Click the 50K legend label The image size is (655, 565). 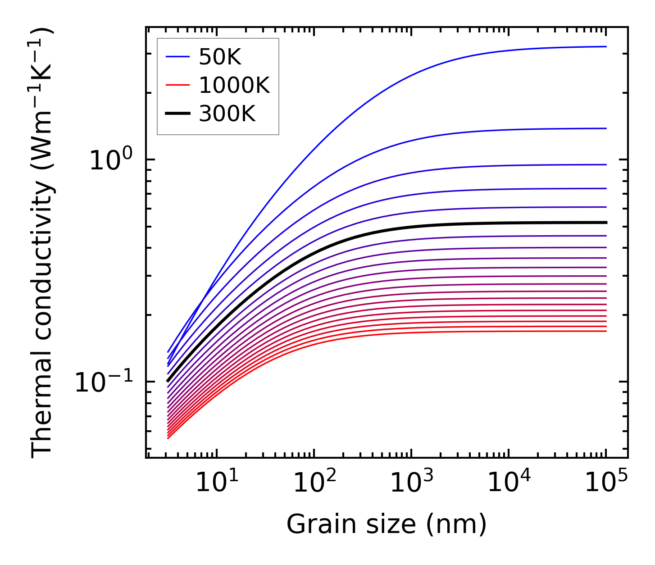click(x=220, y=57)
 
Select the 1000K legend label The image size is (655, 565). click(x=234, y=85)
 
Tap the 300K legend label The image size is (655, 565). click(x=227, y=114)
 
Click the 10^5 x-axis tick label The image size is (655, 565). click(x=605, y=483)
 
